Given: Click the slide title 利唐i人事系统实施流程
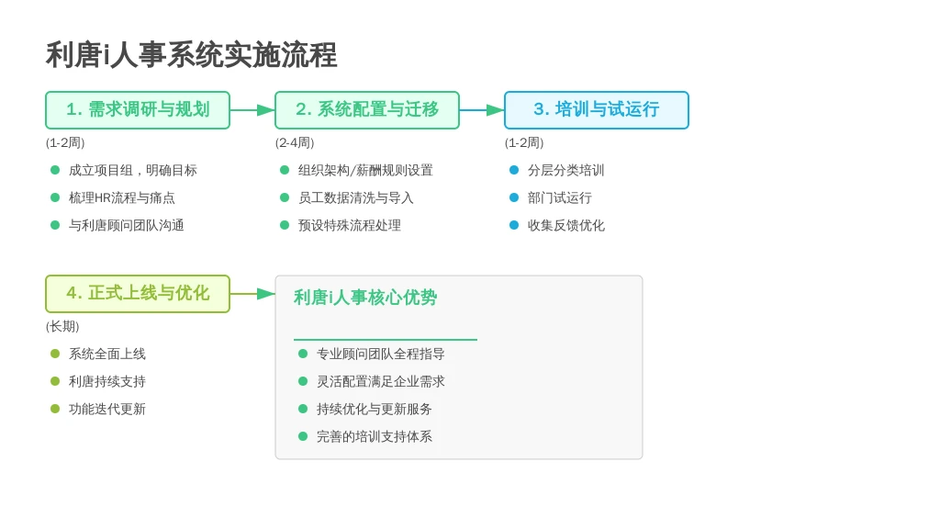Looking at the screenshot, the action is (191, 55).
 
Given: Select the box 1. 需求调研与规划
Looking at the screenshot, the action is (138, 110).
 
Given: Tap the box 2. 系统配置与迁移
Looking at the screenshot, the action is (367, 110).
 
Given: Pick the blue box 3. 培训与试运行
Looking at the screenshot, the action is (597, 110).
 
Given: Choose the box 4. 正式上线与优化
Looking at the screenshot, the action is (138, 294).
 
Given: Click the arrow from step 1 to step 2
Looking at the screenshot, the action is (252, 110).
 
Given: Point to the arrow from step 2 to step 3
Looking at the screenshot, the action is (482, 110).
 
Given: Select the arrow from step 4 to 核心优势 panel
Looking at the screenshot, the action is (252, 294).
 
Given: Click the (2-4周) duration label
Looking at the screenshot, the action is (295, 142).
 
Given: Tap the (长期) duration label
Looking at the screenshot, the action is (62, 326).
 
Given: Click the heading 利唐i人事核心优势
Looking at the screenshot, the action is (365, 298).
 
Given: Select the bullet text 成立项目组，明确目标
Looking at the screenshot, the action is (132, 170).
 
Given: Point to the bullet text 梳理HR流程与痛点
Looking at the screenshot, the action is (122, 198).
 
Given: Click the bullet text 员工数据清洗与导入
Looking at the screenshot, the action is (356, 198).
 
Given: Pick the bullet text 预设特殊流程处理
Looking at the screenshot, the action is (350, 226).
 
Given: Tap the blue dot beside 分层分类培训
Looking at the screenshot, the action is (514, 170).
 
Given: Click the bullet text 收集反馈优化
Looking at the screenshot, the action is (565, 226).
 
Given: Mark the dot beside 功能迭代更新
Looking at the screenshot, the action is (55, 409).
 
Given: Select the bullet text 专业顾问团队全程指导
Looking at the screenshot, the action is (381, 354).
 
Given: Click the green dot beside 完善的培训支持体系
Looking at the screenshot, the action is (303, 436).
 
